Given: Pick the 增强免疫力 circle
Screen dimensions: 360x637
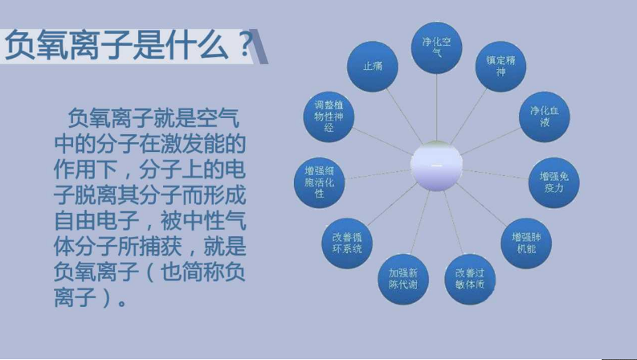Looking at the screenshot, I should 553,181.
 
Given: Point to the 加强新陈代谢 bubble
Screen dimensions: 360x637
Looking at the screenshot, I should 403,277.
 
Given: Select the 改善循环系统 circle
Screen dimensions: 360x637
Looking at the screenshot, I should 347,243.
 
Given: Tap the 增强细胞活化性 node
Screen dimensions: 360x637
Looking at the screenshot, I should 319,182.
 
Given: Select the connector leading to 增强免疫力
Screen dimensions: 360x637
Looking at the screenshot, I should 496,174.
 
